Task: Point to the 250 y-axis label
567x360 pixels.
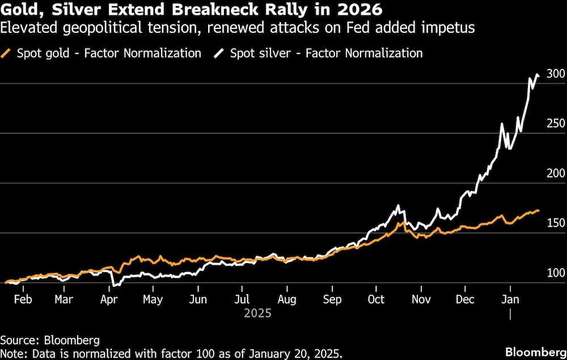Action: (556, 124)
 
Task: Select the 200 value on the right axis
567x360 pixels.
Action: (556, 173)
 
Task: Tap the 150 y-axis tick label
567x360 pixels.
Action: (556, 223)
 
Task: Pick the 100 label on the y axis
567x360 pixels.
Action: (556, 273)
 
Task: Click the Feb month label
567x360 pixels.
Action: (22, 299)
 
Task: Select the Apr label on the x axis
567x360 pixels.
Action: (108, 299)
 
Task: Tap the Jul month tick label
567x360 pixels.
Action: (242, 299)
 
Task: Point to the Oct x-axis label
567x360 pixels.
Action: (376, 299)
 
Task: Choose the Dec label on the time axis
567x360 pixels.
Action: (466, 299)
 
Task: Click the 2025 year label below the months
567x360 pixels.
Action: (257, 313)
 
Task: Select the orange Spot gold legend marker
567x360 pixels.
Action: (7, 54)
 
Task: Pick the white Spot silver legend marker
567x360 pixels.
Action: (219, 54)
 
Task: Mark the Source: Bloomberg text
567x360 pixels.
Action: (50, 340)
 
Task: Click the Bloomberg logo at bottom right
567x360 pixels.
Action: (535, 351)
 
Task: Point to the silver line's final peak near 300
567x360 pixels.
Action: (538, 74)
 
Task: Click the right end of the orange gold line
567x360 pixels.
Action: (539, 210)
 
